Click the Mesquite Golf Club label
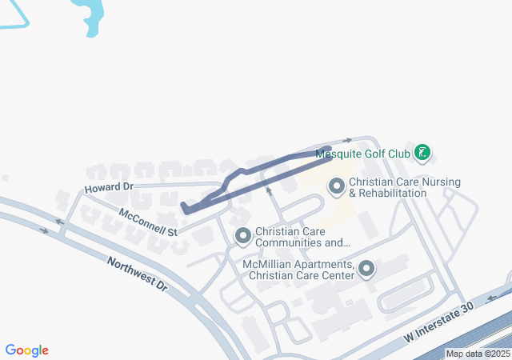[362, 153]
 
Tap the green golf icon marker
[423, 152]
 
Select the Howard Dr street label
[108, 188]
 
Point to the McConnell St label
[147, 222]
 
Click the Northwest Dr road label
[137, 274]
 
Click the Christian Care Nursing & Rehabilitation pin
[337, 187]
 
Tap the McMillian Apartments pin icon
[366, 269]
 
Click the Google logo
[27, 350]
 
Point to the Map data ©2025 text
[478, 354]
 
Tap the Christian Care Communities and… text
[302, 237]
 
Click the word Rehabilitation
[393, 194]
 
